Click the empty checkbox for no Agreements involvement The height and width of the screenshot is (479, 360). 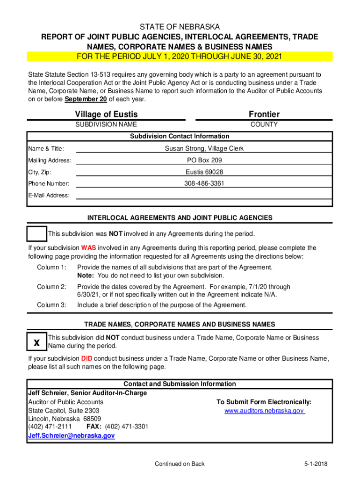coord(36,234)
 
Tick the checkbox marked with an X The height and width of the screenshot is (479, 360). coord(36,342)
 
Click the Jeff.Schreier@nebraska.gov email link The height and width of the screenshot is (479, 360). coord(71,435)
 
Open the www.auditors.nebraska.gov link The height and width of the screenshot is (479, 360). coord(265,411)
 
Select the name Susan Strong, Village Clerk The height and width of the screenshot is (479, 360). coord(204,149)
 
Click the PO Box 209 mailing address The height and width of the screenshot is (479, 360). coord(204,160)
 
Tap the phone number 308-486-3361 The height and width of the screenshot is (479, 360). coord(204,183)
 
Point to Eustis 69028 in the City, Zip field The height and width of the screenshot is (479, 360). coord(204,172)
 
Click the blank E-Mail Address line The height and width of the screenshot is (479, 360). coord(204,195)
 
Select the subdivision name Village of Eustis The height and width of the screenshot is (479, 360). coord(106,114)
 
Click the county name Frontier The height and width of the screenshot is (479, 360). coord(264,114)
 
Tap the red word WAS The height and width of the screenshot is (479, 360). coord(88,248)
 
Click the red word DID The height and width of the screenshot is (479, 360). coord(86,359)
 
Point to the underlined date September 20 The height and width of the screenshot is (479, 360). coord(86,99)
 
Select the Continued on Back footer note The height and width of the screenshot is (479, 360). coord(180,464)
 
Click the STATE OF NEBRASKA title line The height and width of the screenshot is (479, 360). coord(180,27)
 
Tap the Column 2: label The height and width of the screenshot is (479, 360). coord(51,287)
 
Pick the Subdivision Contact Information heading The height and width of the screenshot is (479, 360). coord(180,136)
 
